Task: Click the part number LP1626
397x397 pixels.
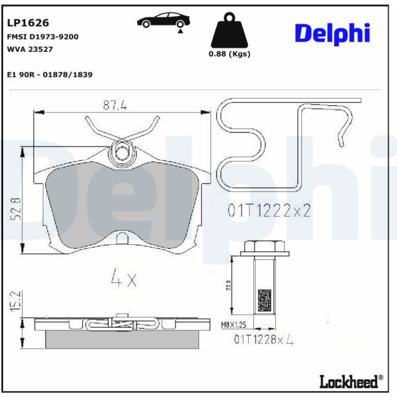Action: click(x=28, y=23)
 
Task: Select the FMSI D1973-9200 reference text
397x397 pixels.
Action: click(x=42, y=37)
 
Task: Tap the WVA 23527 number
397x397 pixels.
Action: click(x=30, y=49)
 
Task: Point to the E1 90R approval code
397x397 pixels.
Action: click(x=50, y=75)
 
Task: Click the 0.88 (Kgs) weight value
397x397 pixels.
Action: click(x=229, y=54)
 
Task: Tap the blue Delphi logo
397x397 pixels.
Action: click(x=332, y=34)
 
